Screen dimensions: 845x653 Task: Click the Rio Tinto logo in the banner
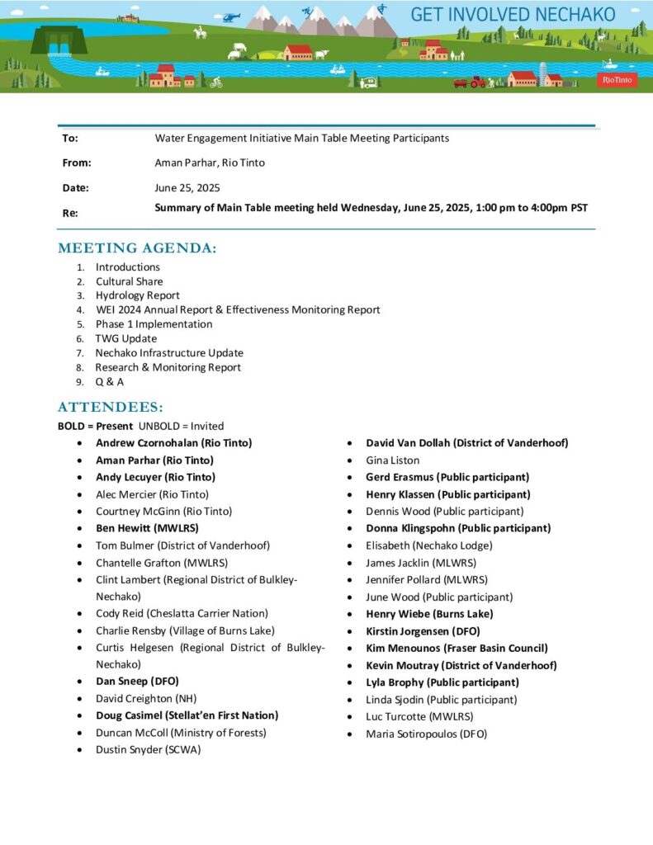618,80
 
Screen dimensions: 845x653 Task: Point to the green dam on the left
59,40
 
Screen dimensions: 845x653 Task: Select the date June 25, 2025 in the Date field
187,187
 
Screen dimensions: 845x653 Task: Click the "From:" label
77,163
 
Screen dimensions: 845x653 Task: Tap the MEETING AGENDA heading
137,248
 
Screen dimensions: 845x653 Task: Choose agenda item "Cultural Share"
129,281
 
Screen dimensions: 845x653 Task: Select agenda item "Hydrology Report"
137,295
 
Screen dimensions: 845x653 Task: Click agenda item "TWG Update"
125,338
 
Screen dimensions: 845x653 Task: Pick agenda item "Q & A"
110,382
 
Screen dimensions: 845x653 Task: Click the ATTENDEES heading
111,408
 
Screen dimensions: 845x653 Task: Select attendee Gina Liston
393,460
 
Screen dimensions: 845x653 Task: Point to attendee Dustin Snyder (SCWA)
148,750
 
